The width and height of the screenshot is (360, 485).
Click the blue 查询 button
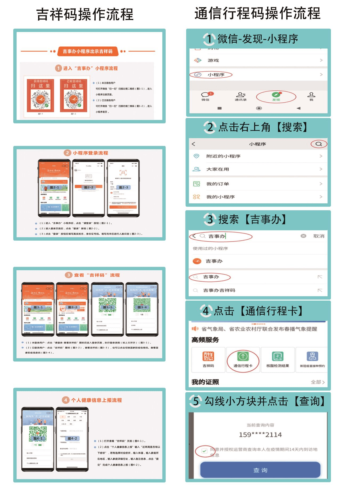260,470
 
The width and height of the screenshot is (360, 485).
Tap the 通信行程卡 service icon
243,359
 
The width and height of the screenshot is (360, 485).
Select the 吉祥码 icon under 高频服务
208,359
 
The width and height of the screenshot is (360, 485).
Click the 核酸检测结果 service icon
278,359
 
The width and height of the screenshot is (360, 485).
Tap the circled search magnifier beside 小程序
319,144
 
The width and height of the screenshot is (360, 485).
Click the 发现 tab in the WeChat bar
276,96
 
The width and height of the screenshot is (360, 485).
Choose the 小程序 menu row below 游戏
216,75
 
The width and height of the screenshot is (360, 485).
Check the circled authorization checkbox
204,451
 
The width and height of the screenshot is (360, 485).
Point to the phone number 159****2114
260,435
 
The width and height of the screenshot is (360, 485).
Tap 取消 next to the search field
319,236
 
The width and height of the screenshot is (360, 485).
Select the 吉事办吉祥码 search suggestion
219,290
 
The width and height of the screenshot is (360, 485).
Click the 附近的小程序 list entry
223,156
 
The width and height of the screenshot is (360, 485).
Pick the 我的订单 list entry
217,184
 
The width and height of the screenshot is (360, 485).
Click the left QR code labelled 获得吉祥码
41,99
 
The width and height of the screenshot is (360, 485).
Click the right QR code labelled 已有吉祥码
74,99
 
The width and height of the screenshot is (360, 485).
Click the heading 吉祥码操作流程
85,14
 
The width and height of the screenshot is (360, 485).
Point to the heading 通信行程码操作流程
257,13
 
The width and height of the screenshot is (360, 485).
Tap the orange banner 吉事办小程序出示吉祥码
88,51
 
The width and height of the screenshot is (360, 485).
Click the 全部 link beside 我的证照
317,382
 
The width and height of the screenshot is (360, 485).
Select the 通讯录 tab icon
241,96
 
